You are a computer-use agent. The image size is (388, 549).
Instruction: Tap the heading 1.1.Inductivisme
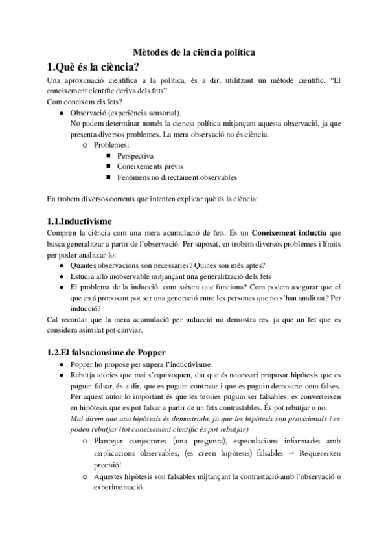coord(80,220)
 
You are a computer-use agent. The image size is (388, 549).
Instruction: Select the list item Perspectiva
coord(135,155)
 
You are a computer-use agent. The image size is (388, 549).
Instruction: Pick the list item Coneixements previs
coord(146,166)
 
